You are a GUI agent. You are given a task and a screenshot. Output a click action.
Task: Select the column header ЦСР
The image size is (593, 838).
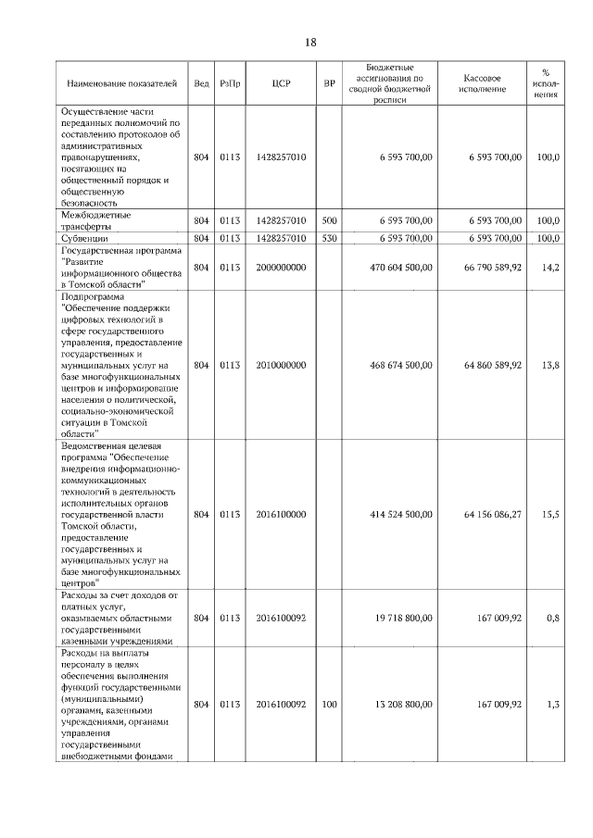(282, 83)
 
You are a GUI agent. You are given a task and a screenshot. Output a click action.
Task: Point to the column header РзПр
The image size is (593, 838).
(231, 83)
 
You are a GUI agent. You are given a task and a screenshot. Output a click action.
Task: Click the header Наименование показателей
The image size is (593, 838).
(121, 83)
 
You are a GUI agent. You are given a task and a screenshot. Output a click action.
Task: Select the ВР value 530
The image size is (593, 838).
(329, 238)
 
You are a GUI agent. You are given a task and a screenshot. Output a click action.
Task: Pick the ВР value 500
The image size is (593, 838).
(329, 220)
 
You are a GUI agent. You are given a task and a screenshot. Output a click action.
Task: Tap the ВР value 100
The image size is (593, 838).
(329, 705)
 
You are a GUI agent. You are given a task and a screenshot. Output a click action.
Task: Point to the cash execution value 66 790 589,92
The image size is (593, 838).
(485, 268)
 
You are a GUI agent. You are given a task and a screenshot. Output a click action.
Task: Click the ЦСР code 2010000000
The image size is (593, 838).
(282, 365)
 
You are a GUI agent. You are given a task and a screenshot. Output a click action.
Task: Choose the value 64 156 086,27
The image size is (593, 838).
(485, 513)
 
